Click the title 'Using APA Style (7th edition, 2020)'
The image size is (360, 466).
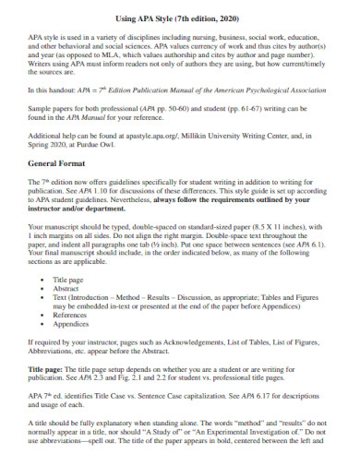point(179,18)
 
